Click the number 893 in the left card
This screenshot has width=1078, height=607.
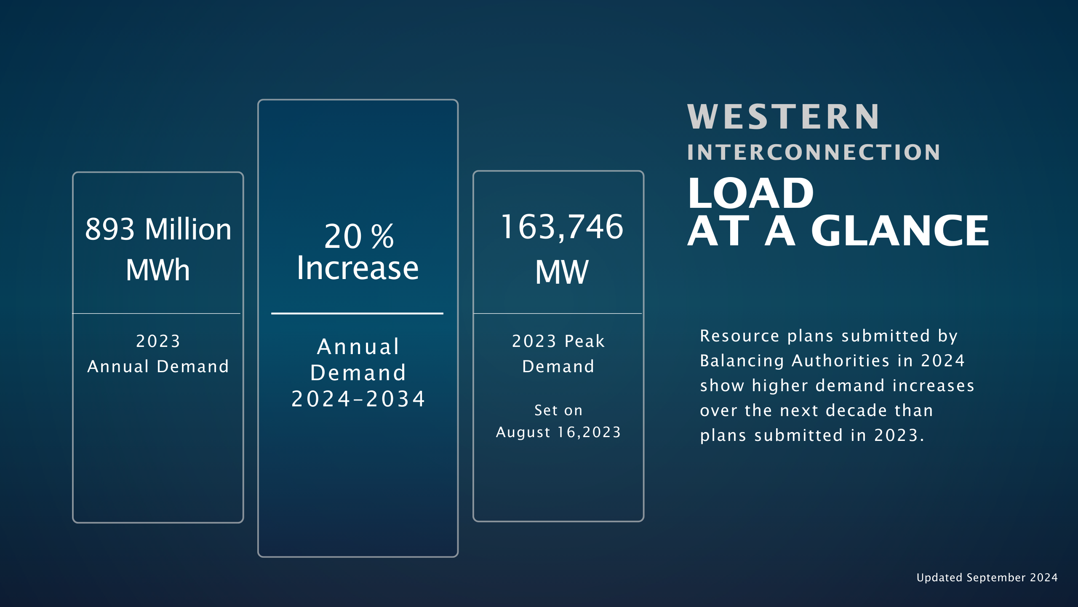(110, 229)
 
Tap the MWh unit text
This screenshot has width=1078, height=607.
(158, 270)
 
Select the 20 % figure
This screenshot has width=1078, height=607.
(359, 236)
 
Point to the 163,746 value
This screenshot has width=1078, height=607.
(562, 228)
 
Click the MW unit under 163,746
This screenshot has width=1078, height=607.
(562, 272)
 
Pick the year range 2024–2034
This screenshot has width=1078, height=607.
(358, 399)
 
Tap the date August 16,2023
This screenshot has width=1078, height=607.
(558, 432)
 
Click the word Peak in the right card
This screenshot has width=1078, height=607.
(585, 341)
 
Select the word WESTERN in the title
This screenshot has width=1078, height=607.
(783, 117)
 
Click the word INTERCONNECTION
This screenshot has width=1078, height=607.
(814, 152)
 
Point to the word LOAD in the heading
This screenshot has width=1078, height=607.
(751, 193)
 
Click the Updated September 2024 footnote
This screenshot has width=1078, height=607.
(987, 577)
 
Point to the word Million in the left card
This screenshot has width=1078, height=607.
(188, 229)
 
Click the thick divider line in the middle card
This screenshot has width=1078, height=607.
(357, 314)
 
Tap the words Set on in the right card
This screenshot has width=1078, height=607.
(558, 410)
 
